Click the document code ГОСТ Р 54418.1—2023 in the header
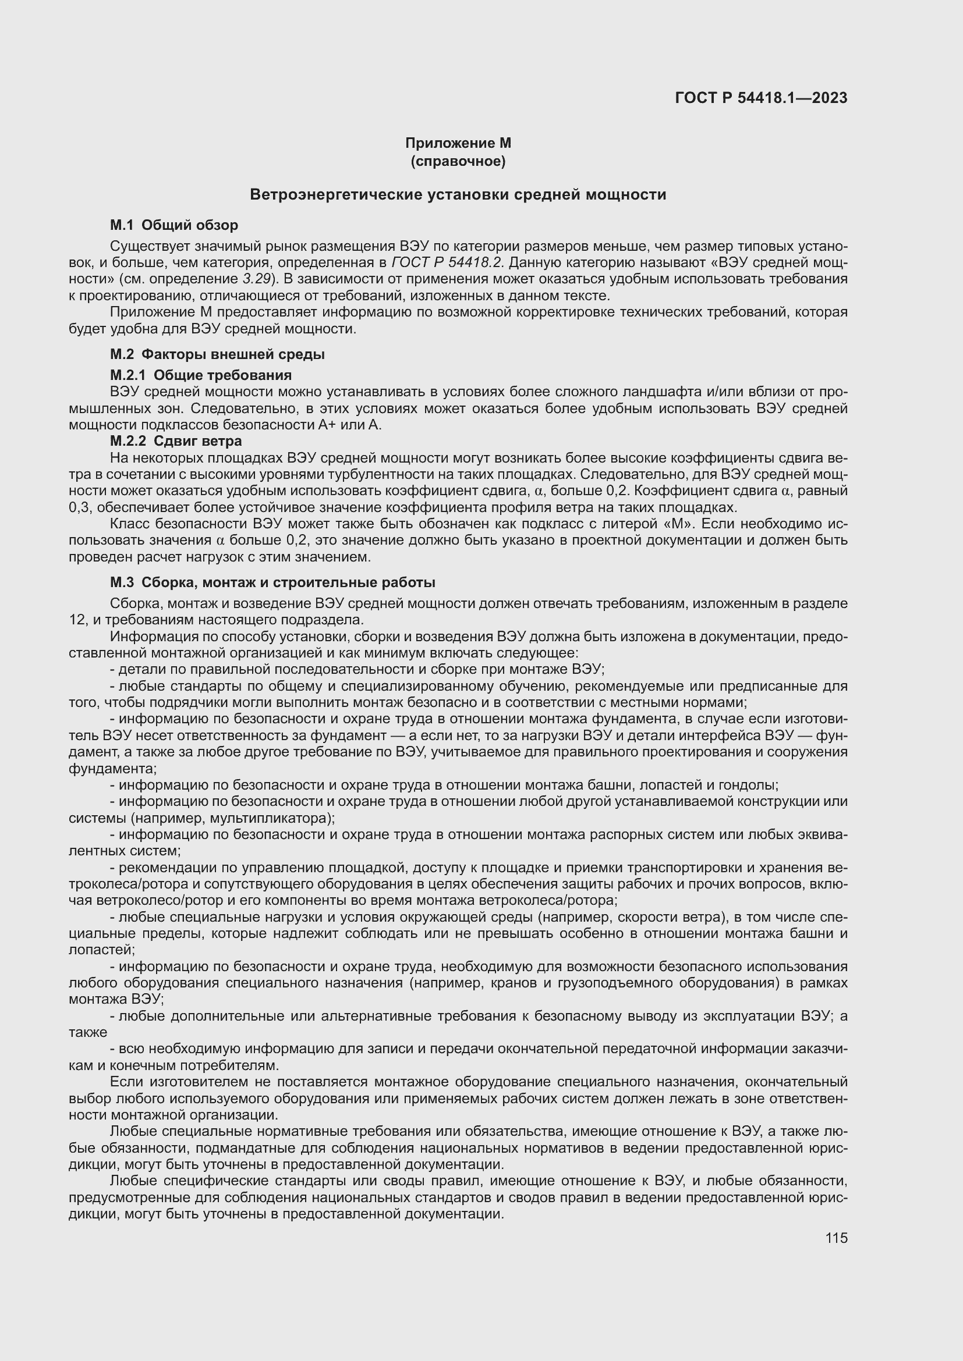point(761,98)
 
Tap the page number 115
point(836,1238)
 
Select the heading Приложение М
point(458,144)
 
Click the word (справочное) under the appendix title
point(458,161)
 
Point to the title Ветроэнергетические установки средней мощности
point(458,194)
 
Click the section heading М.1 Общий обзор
point(174,225)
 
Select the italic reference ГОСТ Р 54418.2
point(447,262)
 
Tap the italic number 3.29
point(256,279)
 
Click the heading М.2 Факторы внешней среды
point(217,354)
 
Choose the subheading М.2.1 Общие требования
point(200,375)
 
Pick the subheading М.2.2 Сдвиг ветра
point(175,441)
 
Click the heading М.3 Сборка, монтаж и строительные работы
point(272,582)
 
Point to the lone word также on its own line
point(88,1032)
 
